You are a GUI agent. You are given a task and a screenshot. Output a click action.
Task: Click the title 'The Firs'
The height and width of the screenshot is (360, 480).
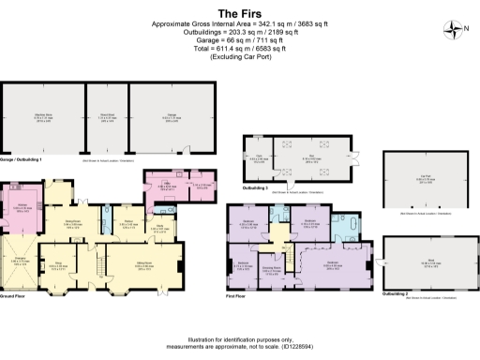(239, 14)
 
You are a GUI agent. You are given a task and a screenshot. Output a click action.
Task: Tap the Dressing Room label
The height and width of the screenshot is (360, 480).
(270, 271)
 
